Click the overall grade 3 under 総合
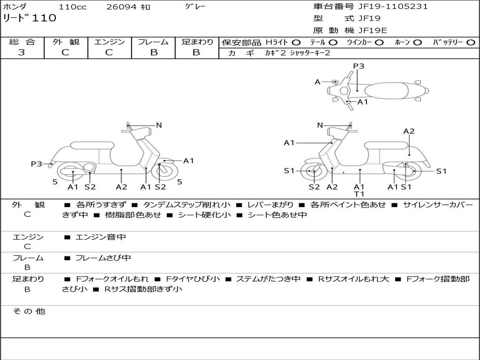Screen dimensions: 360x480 coord(22,52)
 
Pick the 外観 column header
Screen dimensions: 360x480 coord(66,42)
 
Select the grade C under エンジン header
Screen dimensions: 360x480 coord(109,52)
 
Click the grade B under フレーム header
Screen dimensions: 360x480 coord(153,52)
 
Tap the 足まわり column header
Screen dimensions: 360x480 coord(197,42)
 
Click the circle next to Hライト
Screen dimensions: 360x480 coord(296,42)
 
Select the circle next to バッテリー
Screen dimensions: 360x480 coord(471,42)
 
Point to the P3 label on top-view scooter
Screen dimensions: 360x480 coord(359,66)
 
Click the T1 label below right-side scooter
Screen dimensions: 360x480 coord(359,194)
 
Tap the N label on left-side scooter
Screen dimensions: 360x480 coord(159,125)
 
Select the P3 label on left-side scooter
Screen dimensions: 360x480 coord(37,164)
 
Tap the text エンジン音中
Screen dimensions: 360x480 coord(100,237)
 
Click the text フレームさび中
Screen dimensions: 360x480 coord(103,258)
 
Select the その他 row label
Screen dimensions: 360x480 coord(29,311)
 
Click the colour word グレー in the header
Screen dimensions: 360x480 coord(195,7)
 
